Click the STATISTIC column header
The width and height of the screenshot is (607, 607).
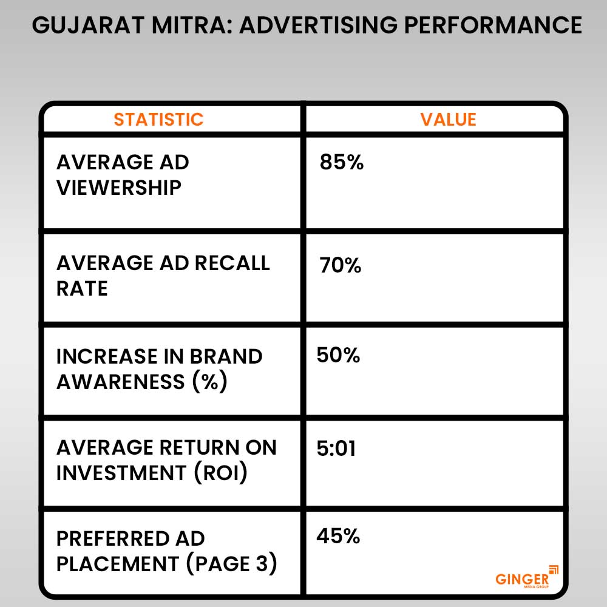(158, 119)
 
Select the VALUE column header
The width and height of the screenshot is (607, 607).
(449, 119)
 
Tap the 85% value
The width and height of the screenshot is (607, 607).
(342, 163)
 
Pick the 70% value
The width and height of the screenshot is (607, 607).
(341, 266)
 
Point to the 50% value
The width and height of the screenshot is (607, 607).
(338, 356)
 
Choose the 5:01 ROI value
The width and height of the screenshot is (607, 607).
(336, 449)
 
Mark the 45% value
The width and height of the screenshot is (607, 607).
(338, 537)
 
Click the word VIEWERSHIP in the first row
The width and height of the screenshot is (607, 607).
(119, 188)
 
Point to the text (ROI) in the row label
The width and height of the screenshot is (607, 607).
(221, 473)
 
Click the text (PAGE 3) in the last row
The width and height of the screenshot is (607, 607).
(231, 564)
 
